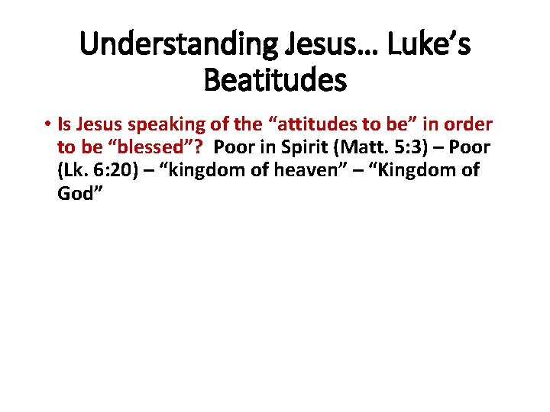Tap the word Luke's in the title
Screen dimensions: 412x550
pyautogui.click(x=429, y=46)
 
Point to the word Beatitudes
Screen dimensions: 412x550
pyautogui.click(x=275, y=79)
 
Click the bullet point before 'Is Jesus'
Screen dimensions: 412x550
pyautogui.click(x=47, y=124)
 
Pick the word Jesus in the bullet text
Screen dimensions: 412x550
pyautogui.click(x=99, y=124)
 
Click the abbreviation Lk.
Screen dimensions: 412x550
pyautogui.click(x=74, y=169)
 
